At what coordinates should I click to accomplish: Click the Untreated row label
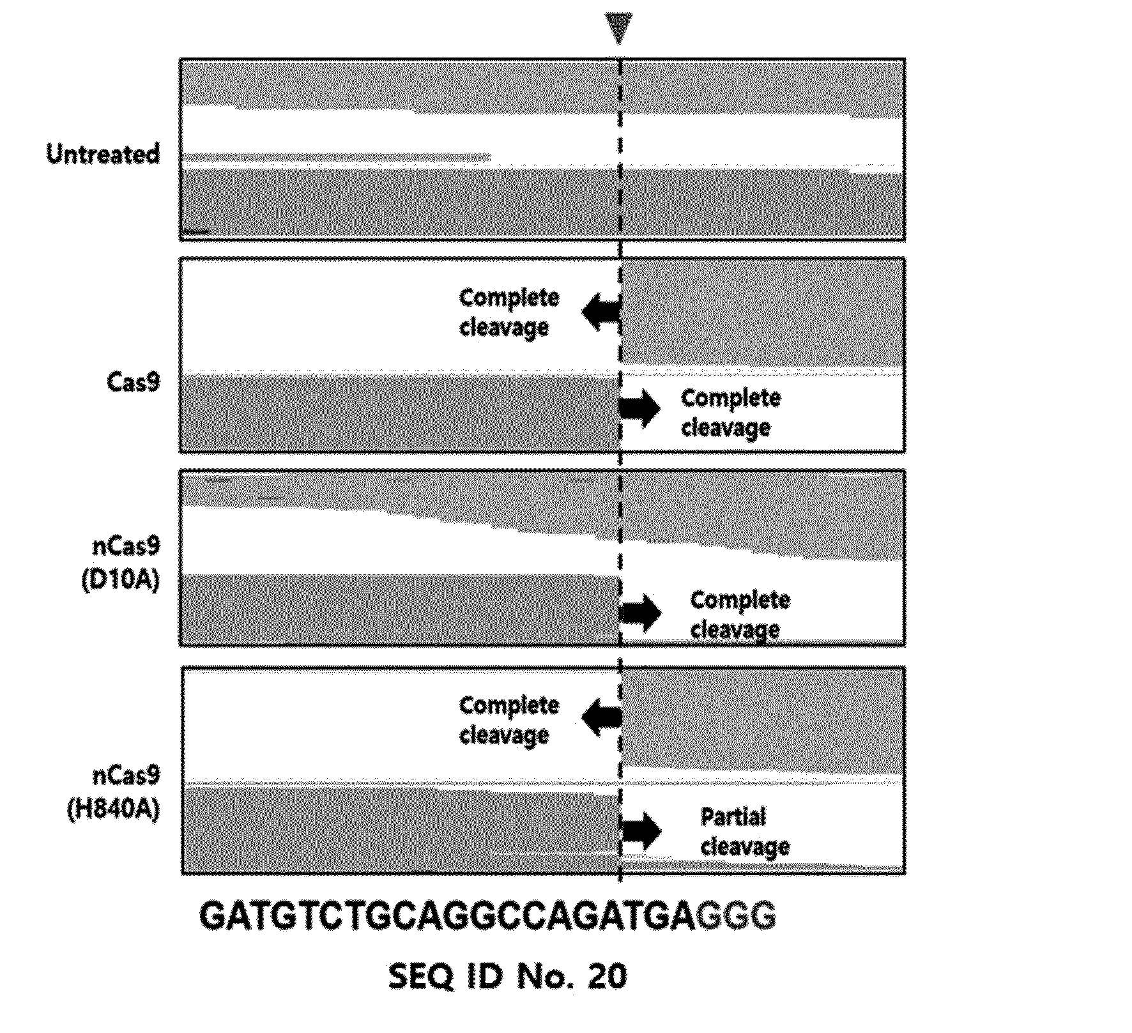pos(103,154)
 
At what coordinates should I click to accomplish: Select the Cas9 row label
pos(133,382)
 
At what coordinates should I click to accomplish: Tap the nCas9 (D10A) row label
pos(121,563)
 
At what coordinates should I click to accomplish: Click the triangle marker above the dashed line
pos(618,28)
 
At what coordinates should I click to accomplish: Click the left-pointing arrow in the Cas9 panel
pos(600,312)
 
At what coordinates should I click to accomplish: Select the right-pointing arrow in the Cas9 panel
pos(640,408)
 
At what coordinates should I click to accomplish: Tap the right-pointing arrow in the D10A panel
pos(641,613)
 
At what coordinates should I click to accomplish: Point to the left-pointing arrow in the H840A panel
pos(601,718)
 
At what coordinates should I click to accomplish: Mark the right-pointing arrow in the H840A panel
pos(641,830)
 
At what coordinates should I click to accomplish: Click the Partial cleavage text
pos(745,832)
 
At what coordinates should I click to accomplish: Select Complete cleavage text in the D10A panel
pos(740,615)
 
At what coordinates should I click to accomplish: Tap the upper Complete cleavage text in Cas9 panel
pos(509,312)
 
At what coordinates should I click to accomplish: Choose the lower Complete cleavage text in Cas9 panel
pos(730,413)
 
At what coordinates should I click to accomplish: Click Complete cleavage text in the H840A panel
pos(509,720)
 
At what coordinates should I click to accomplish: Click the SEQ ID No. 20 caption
pos(508,976)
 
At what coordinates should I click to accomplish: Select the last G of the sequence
pos(763,915)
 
